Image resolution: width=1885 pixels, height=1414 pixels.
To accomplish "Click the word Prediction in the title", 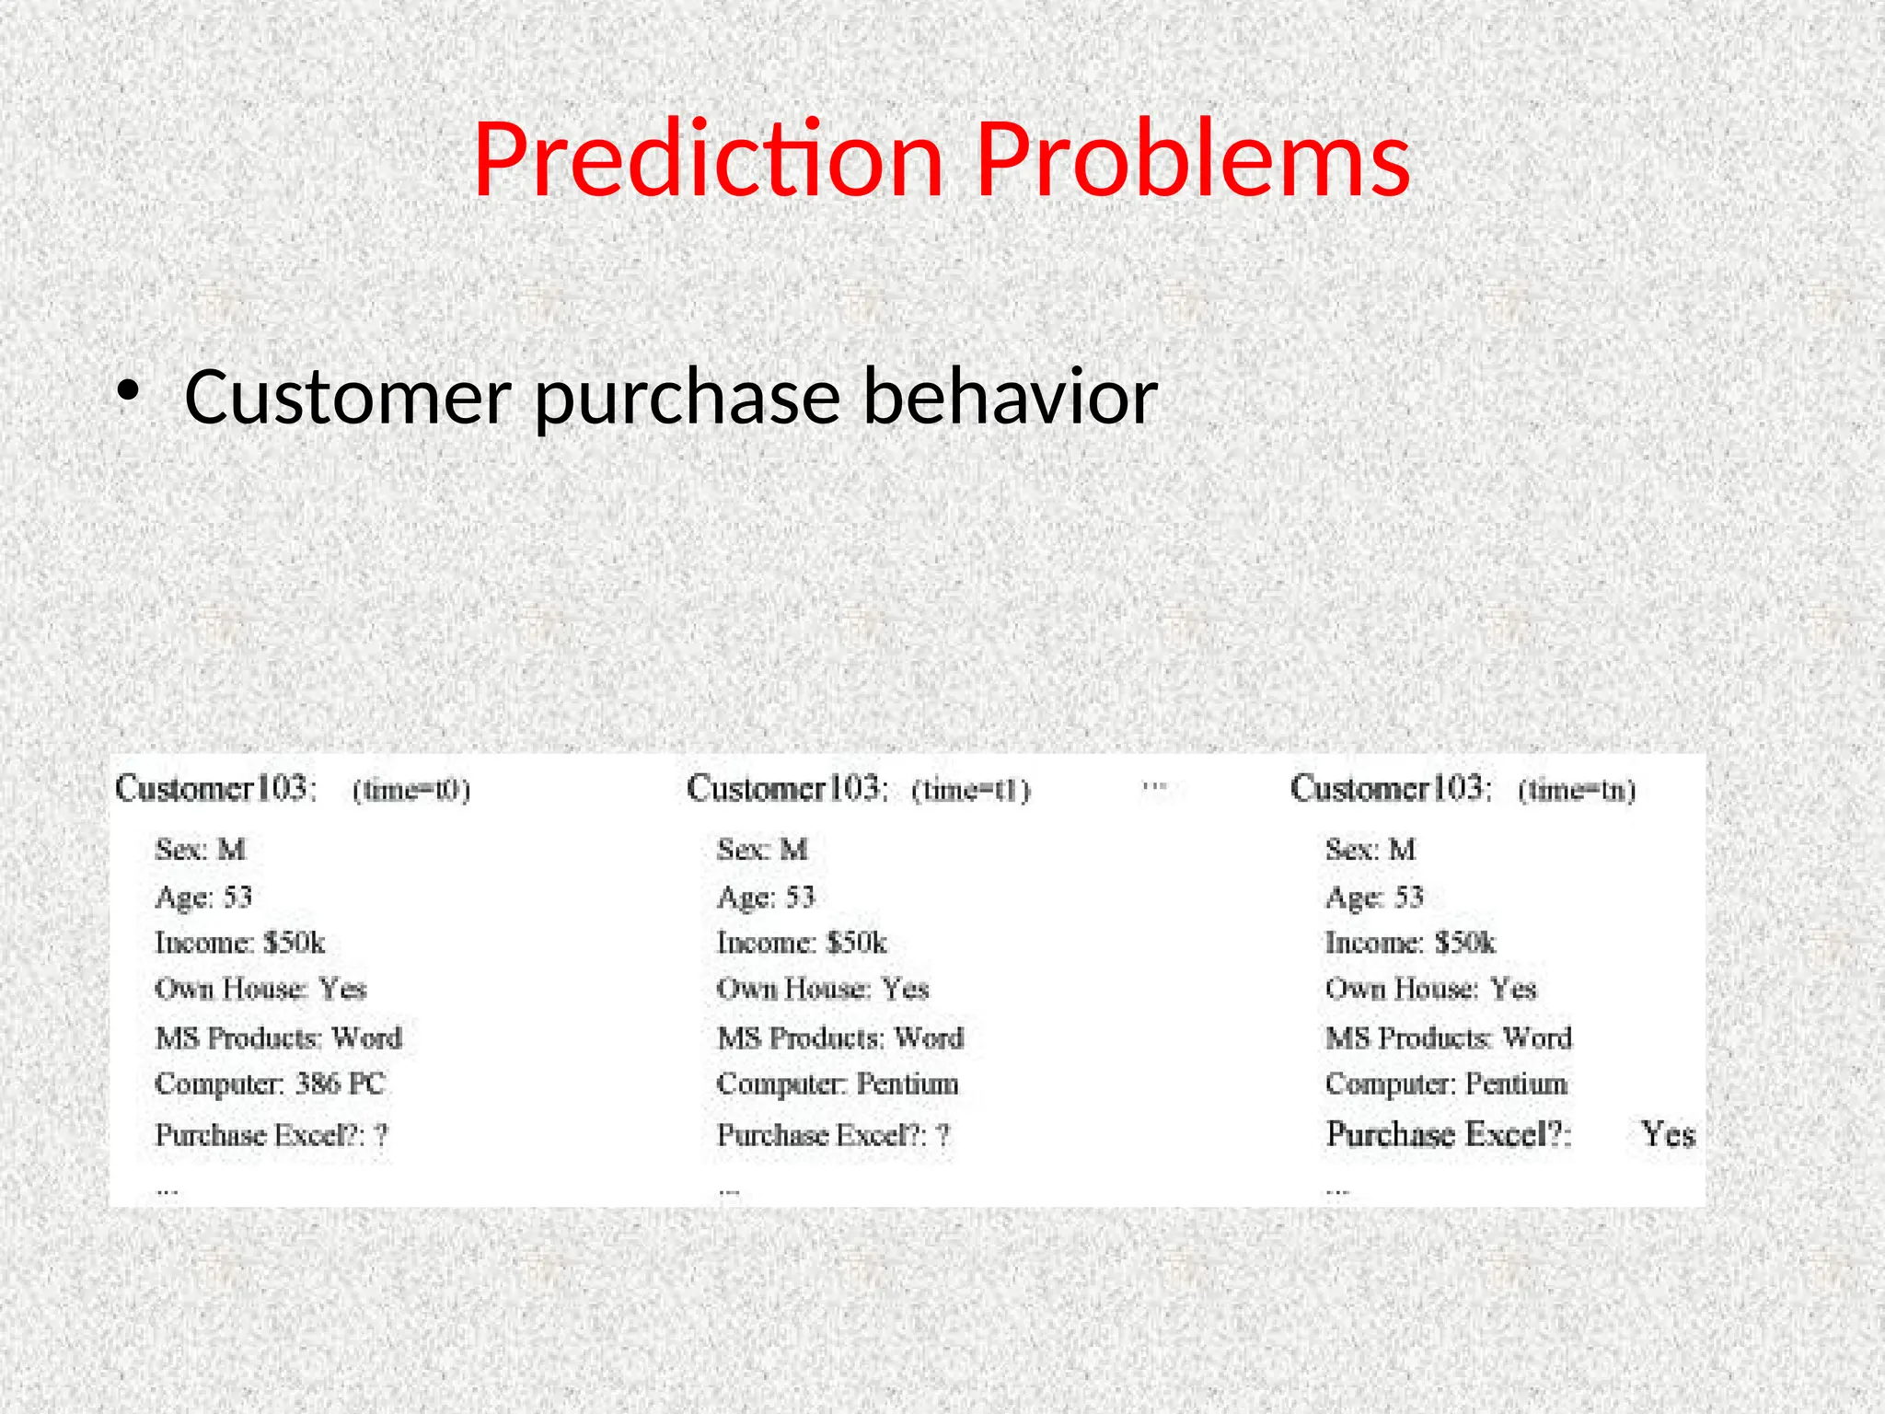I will [x=709, y=161].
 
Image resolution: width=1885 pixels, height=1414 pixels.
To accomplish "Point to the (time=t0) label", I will [x=411, y=791].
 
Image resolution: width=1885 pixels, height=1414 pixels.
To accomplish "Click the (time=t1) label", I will [x=971, y=791].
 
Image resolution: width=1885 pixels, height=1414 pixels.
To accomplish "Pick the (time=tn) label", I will [x=1577, y=791].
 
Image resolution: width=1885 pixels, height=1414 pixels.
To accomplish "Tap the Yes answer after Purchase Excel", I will [x=1668, y=1134].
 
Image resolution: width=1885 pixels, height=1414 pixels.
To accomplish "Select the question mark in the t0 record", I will [x=381, y=1135].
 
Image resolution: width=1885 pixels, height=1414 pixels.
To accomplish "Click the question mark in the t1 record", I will [x=942, y=1135].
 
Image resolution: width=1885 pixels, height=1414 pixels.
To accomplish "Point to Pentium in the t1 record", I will [x=908, y=1084].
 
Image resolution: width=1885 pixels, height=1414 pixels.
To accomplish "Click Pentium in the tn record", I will [x=1516, y=1084].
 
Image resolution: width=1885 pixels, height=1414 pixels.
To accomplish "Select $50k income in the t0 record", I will [x=295, y=943].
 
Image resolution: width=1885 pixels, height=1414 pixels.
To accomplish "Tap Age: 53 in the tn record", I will [x=1374, y=897].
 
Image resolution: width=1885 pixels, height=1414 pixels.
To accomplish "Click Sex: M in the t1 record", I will [x=762, y=849].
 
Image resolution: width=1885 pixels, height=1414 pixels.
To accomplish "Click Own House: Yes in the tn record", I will [x=1430, y=989].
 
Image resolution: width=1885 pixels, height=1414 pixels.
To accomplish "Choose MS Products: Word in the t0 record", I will [x=279, y=1037].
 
